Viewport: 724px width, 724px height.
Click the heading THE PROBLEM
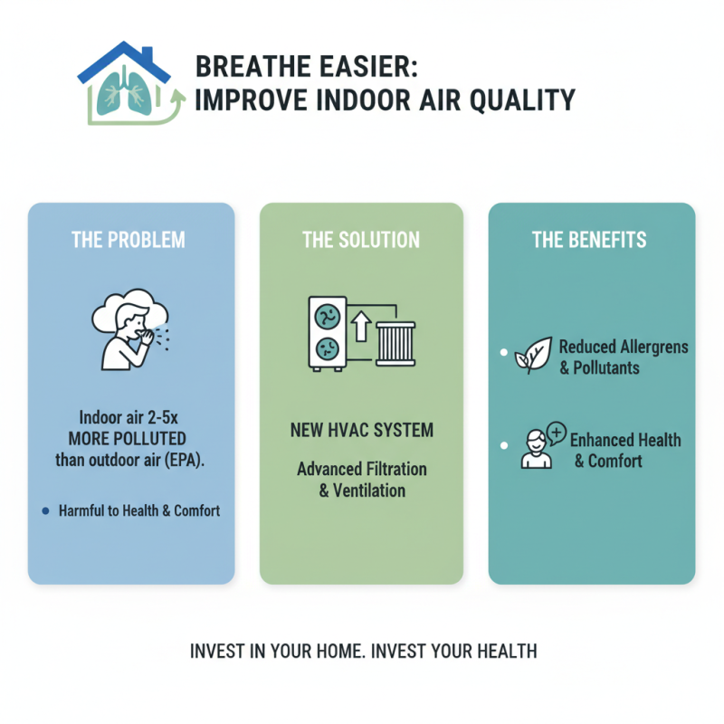[x=129, y=240]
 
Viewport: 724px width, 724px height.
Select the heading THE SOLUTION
[x=361, y=240]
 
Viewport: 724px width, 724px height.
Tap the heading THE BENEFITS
[x=589, y=240]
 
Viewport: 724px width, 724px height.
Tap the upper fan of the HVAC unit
[x=326, y=317]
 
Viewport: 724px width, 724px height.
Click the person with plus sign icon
[x=541, y=445]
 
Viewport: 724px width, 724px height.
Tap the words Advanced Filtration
[x=361, y=470]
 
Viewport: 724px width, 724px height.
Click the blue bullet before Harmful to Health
[x=45, y=511]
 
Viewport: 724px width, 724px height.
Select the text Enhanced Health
[x=624, y=440]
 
